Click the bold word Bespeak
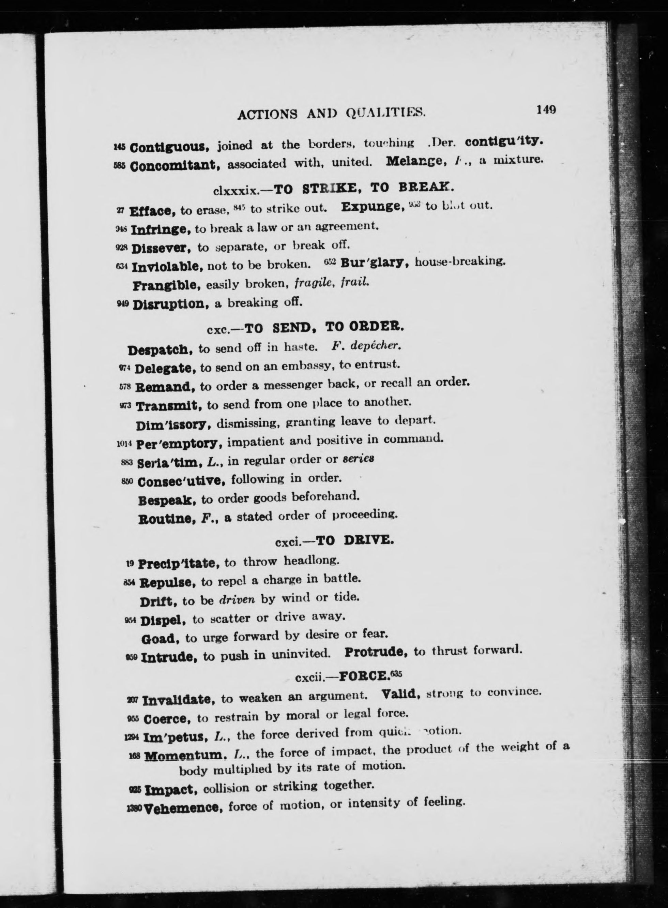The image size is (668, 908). (x=167, y=500)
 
